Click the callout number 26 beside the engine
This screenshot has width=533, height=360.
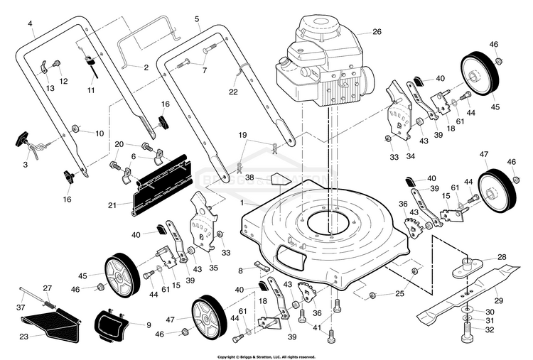[377, 32]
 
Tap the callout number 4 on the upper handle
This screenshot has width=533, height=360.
[31, 23]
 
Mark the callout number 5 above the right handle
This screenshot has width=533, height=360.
[197, 19]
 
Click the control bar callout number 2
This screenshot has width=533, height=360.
[146, 68]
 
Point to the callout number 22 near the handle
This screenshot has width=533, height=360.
[233, 92]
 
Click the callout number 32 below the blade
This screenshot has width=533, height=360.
[489, 330]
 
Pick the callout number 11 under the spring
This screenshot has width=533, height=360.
[90, 90]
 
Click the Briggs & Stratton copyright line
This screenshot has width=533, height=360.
[266, 356]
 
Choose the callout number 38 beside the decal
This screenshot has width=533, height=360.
[249, 177]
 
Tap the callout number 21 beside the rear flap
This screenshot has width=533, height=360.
[112, 205]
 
